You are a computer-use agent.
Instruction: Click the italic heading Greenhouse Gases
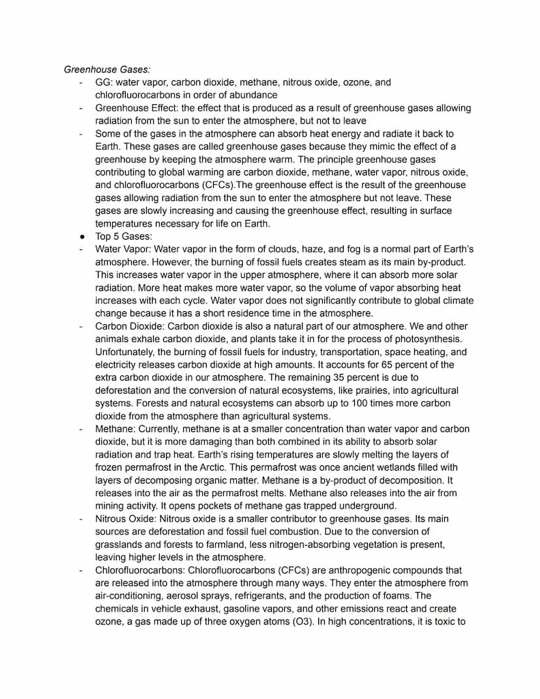coord(107,69)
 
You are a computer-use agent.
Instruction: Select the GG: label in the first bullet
coord(103,82)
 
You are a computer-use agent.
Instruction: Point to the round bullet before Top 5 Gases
coord(80,236)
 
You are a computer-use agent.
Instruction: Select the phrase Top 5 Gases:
coord(123,236)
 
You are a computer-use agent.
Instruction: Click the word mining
coord(111,506)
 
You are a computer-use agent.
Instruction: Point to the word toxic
coord(441,621)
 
